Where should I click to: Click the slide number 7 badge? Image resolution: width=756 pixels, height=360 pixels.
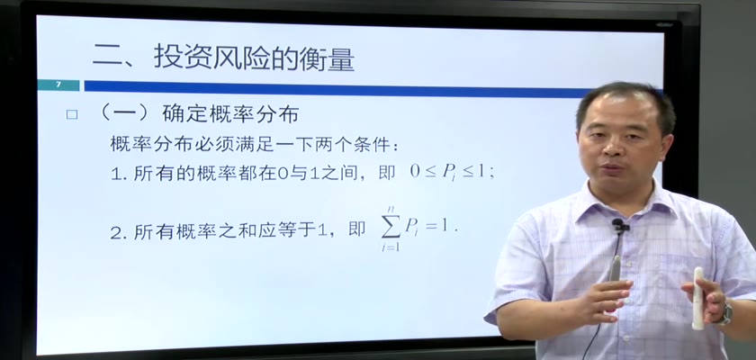(58, 85)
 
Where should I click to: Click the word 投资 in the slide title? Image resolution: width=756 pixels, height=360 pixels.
(179, 58)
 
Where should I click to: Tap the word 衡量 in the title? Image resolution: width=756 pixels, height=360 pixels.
(329, 58)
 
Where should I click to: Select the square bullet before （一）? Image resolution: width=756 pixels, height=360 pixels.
(72, 114)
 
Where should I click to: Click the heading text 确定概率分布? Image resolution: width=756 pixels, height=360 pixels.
(230, 114)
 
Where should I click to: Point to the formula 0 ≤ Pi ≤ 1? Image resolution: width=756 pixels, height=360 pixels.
(452, 172)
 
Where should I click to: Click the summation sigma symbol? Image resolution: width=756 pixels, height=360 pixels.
(391, 227)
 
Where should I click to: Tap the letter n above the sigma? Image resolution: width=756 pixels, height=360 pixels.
(391, 209)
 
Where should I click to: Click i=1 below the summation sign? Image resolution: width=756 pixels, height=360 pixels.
(391, 247)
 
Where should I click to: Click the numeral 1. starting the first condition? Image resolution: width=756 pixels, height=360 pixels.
(119, 174)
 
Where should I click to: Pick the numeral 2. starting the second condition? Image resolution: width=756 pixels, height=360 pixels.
(119, 234)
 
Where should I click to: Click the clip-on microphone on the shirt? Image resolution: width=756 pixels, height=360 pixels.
(619, 225)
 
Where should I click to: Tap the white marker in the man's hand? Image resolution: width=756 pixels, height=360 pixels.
(698, 298)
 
